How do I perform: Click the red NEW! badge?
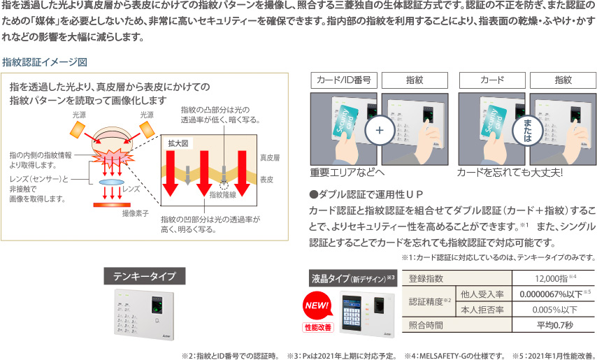(x=316, y=305)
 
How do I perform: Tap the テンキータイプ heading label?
(x=145, y=276)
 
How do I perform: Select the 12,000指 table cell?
(x=553, y=278)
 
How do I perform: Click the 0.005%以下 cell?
(x=553, y=310)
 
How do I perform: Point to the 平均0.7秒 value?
(x=553, y=325)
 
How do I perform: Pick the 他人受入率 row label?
(x=482, y=294)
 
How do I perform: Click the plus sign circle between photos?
(x=380, y=130)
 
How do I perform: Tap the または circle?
(x=528, y=130)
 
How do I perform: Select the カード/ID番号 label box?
(x=343, y=80)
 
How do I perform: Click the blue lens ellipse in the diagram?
(x=112, y=182)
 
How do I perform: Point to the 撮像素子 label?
(x=135, y=213)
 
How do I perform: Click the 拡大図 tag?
(x=178, y=143)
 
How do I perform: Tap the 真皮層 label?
(x=270, y=157)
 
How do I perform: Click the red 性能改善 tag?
(x=318, y=327)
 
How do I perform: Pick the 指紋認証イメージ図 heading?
(x=45, y=62)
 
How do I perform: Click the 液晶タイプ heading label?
(x=353, y=278)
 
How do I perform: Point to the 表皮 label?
(x=266, y=179)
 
